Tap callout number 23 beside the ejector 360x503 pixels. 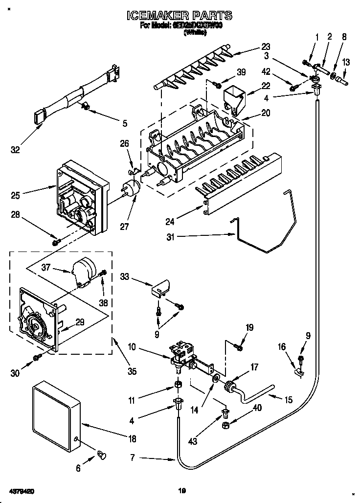[266, 47]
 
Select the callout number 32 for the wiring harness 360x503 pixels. [16, 150]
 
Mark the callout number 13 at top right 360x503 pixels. [346, 62]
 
